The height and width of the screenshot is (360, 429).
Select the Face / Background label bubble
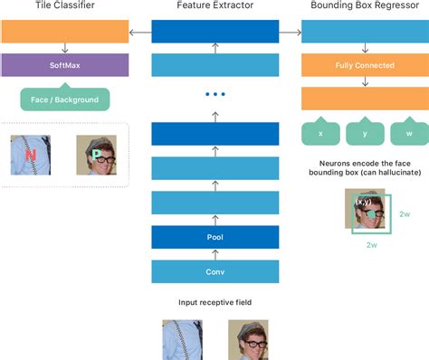click(64, 99)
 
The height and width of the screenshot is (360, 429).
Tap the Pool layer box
click(214, 238)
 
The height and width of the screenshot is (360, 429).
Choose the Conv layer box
click(214, 272)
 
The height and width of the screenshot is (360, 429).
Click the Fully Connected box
click(364, 66)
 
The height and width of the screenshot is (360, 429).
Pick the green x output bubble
click(320, 133)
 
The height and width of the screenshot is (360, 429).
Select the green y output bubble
click(365, 133)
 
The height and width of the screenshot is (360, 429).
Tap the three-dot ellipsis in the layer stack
click(214, 94)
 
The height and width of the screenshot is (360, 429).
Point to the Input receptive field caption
click(215, 303)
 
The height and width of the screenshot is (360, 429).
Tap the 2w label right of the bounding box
click(405, 214)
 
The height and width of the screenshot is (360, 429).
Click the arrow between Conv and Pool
click(214, 255)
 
